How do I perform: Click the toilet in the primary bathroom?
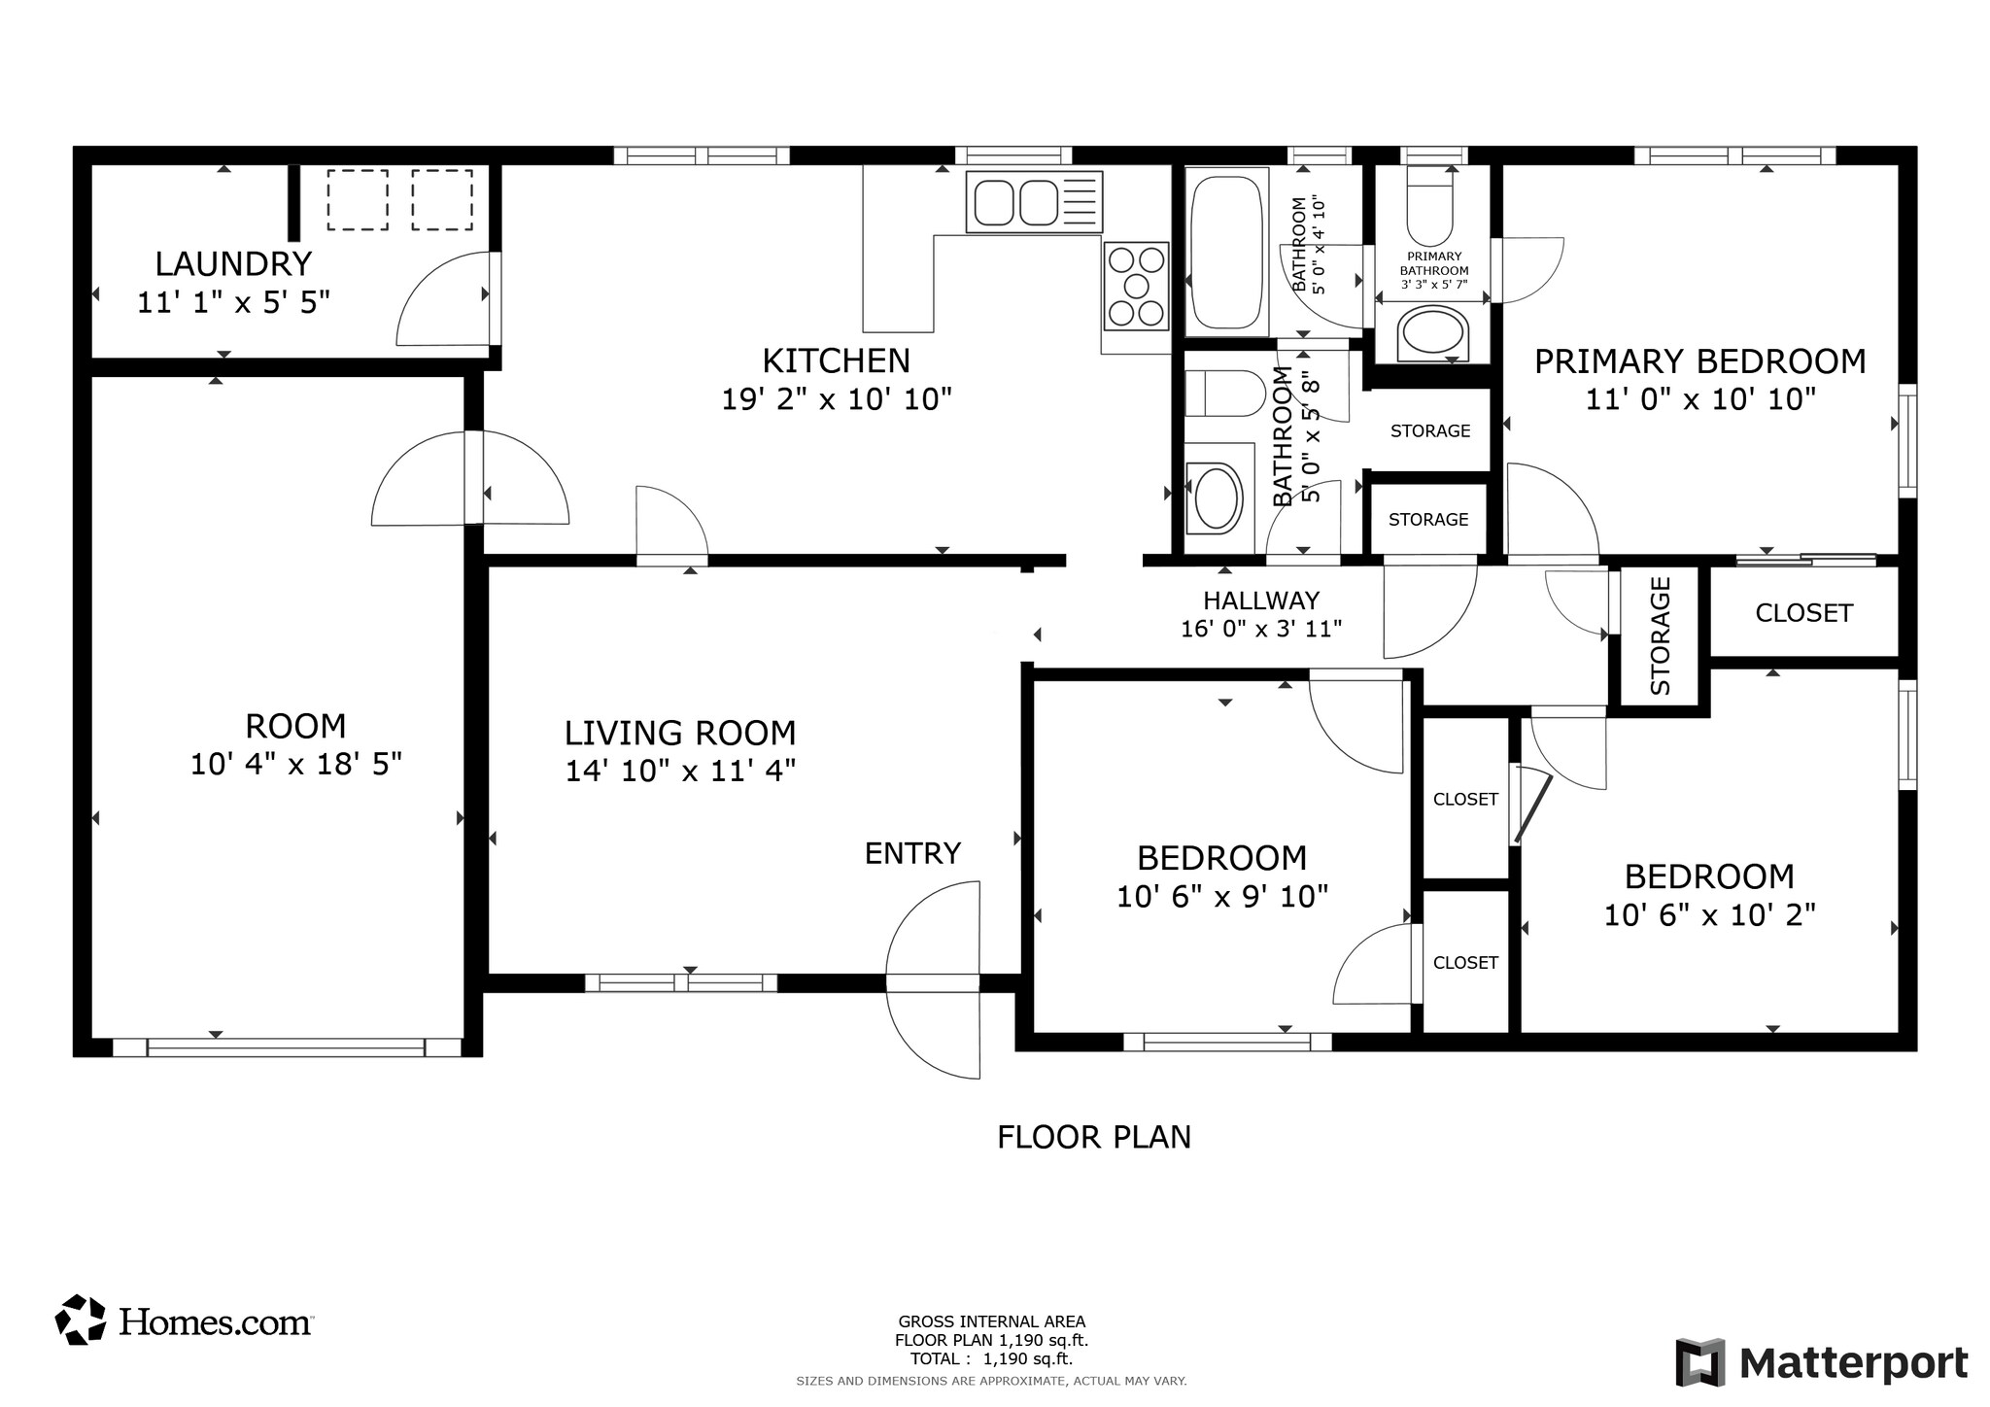pos(1429,210)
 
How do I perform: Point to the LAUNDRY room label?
pos(233,264)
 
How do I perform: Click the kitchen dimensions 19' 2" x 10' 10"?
pos(836,399)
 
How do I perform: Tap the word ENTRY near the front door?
pos(912,853)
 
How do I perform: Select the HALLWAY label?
pos(1261,601)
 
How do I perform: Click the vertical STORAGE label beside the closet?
pos(1660,636)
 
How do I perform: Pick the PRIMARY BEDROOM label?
pos(1699,361)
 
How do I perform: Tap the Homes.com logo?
pos(185,1321)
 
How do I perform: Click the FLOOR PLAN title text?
pos(1093,1137)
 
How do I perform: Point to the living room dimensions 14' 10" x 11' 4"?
pos(680,772)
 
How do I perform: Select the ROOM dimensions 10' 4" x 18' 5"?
pos(295,765)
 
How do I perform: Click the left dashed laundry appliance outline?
pos(358,200)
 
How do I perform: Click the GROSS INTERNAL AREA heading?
pos(991,1321)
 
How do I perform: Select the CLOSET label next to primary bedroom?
pos(1803,613)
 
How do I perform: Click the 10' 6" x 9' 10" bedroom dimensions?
pos(1221,897)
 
